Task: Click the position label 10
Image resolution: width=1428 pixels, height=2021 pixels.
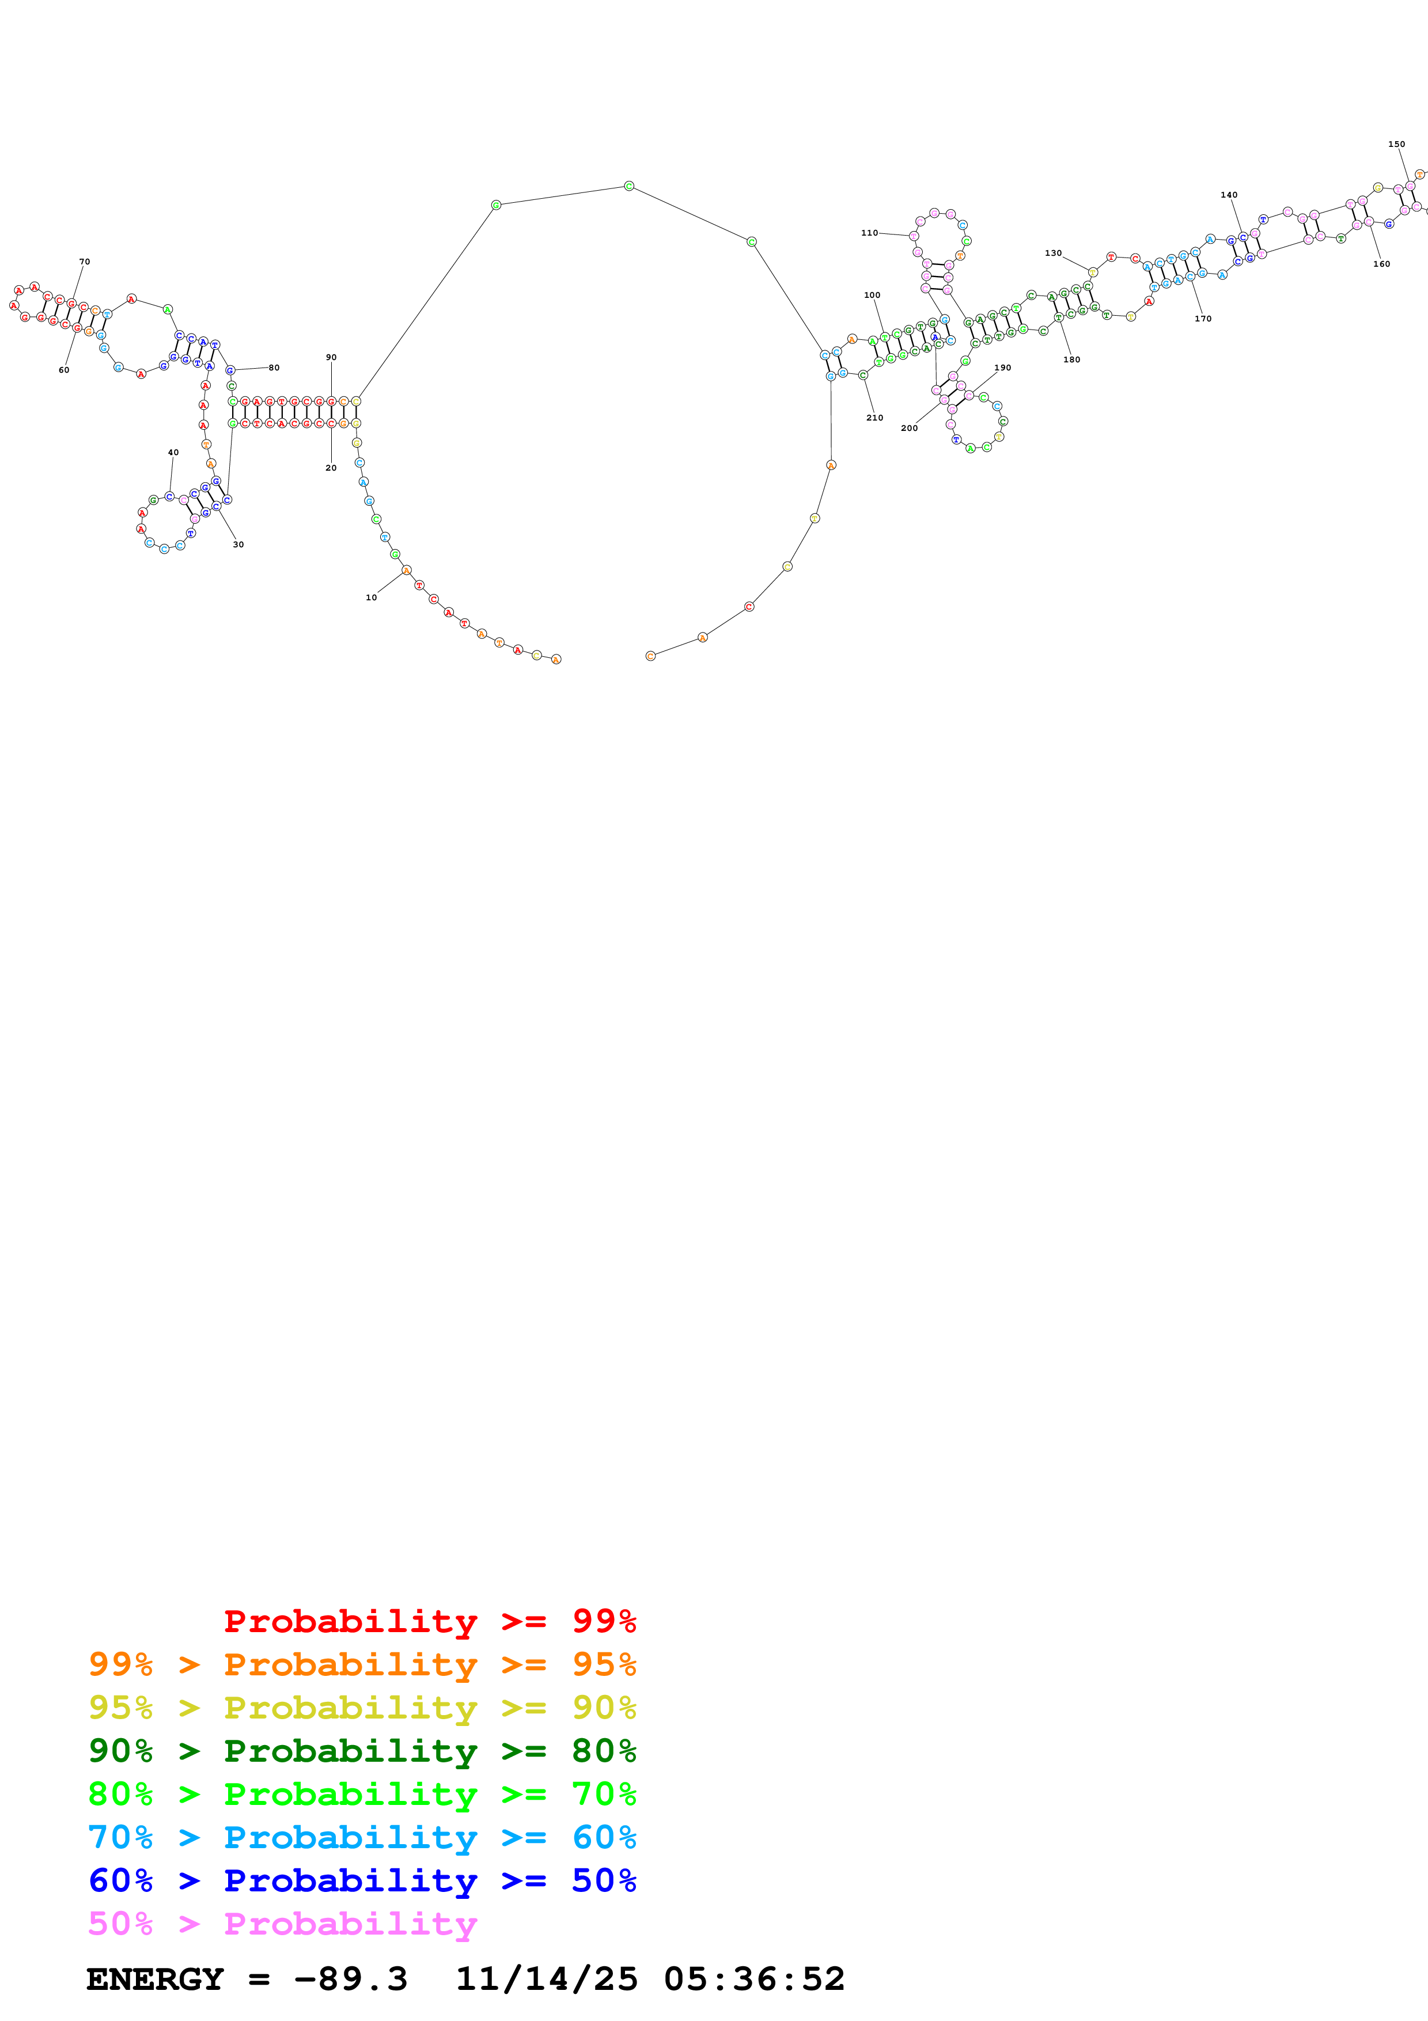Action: click(x=372, y=597)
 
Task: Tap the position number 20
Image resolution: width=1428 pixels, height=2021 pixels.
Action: click(x=331, y=468)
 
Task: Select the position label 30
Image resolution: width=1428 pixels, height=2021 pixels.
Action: click(x=238, y=545)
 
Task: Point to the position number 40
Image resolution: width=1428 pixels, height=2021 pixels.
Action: click(x=173, y=452)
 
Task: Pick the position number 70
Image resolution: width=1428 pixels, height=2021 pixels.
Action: click(x=85, y=262)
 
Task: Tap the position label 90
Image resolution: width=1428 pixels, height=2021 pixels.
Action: click(x=331, y=357)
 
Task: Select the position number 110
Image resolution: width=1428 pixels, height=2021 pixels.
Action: click(x=869, y=233)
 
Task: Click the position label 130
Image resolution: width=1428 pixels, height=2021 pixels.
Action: click(x=1053, y=253)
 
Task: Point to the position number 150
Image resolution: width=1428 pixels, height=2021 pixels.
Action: click(x=1396, y=145)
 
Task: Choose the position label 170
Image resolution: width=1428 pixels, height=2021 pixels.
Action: click(x=1203, y=319)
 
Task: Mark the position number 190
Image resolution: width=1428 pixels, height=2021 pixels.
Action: click(x=1003, y=368)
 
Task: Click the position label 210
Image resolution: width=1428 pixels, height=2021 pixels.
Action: click(x=874, y=418)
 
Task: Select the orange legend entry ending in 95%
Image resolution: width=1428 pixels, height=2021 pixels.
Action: click(x=362, y=1664)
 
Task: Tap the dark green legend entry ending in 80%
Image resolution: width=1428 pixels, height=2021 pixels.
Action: click(x=362, y=1751)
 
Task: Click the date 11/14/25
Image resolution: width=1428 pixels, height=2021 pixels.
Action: click(x=547, y=1979)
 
